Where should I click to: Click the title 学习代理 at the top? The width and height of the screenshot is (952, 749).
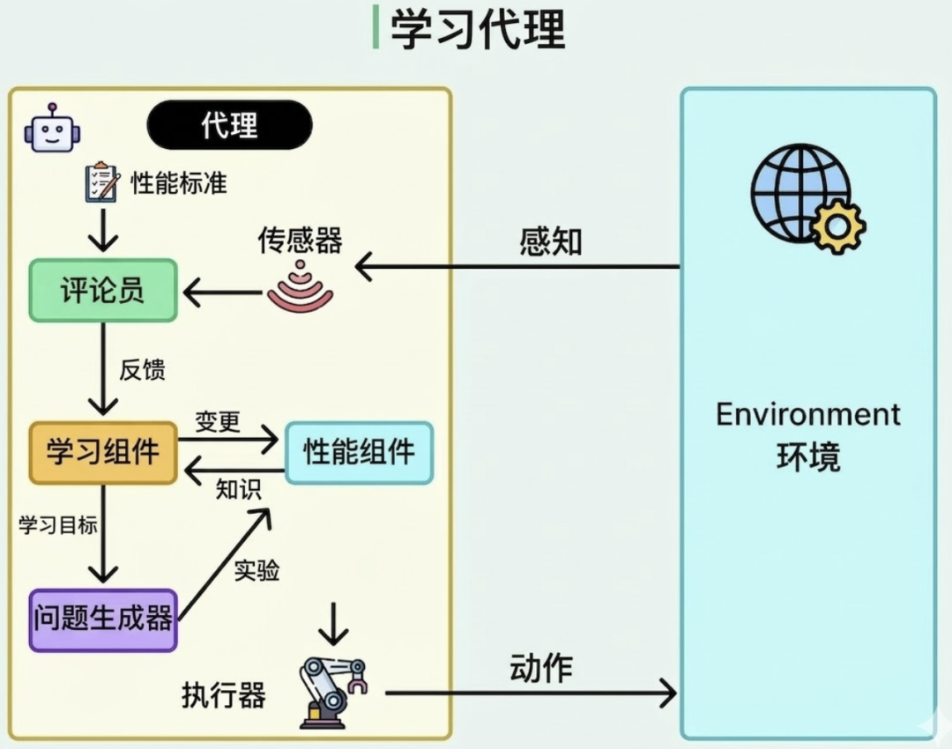tap(477, 29)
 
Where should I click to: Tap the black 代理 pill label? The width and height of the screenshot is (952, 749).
tap(229, 124)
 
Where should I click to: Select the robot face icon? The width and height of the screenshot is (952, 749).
tap(51, 129)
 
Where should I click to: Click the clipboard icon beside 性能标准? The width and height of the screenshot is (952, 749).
tap(101, 182)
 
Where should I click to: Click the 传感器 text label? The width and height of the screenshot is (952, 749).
tap(300, 240)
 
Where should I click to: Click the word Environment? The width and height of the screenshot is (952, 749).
tap(807, 414)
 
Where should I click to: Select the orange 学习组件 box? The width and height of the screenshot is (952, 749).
tap(103, 453)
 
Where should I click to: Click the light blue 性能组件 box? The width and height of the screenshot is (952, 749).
tap(359, 452)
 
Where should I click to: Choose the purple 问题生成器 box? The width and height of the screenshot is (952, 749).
tap(103, 619)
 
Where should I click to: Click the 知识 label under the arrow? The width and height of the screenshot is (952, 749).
tap(239, 489)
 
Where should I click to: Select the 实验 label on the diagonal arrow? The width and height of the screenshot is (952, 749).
tap(257, 571)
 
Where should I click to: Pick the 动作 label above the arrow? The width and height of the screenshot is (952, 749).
tap(541, 668)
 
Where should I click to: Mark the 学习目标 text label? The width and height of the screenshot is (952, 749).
tap(57, 525)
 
